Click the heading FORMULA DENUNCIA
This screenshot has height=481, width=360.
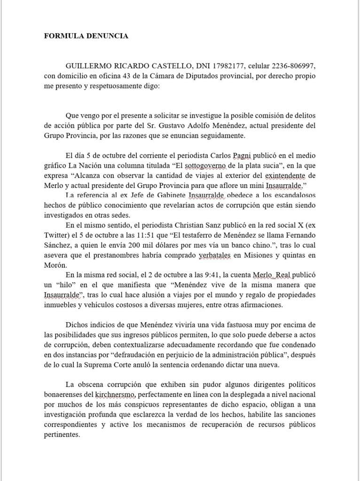click(86, 35)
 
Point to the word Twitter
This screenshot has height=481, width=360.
click(58, 235)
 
